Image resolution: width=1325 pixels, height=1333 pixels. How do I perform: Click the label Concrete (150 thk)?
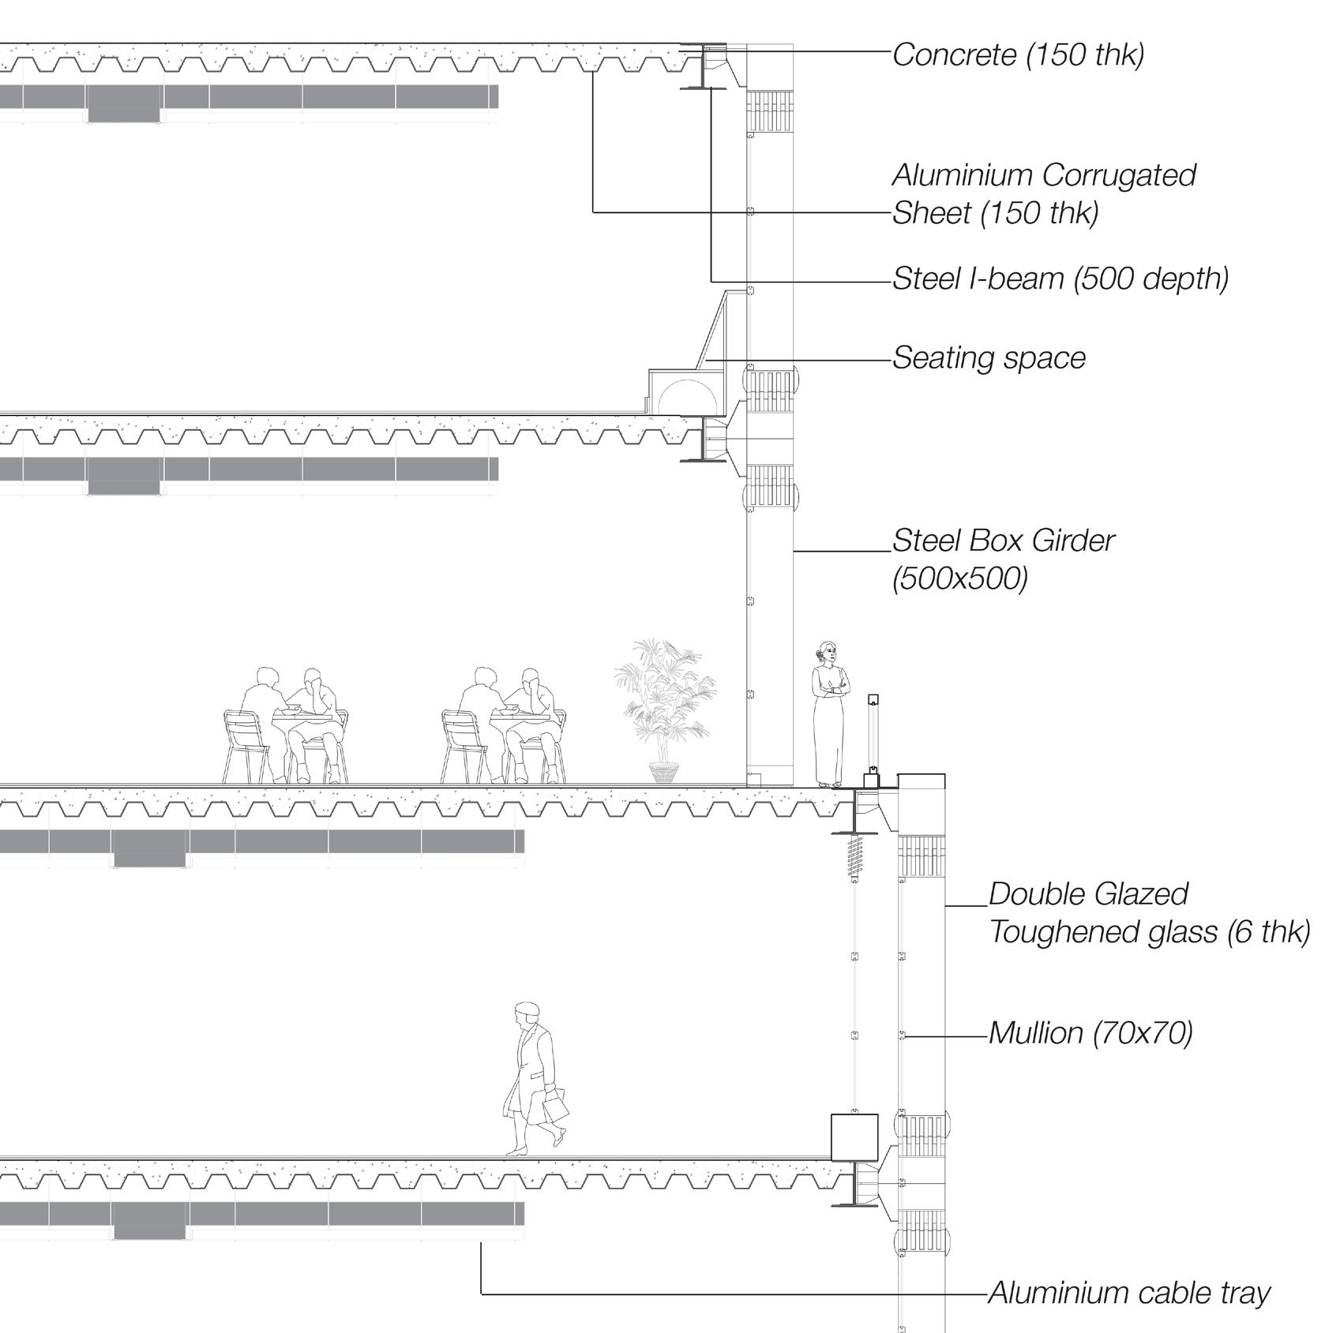point(1018,54)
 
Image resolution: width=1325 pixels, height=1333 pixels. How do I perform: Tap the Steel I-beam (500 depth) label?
point(1060,279)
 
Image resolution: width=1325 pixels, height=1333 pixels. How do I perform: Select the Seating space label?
point(989,358)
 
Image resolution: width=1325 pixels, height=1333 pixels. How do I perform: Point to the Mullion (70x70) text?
point(1090,1032)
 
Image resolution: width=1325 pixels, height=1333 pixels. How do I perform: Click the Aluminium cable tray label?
point(1128,1293)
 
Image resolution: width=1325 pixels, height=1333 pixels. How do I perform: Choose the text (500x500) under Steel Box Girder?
point(959,579)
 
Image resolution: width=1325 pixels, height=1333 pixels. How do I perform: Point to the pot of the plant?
point(663,771)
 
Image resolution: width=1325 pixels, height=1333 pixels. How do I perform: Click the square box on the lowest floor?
point(854,1136)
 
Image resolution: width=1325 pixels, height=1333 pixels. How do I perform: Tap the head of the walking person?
point(525,1013)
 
